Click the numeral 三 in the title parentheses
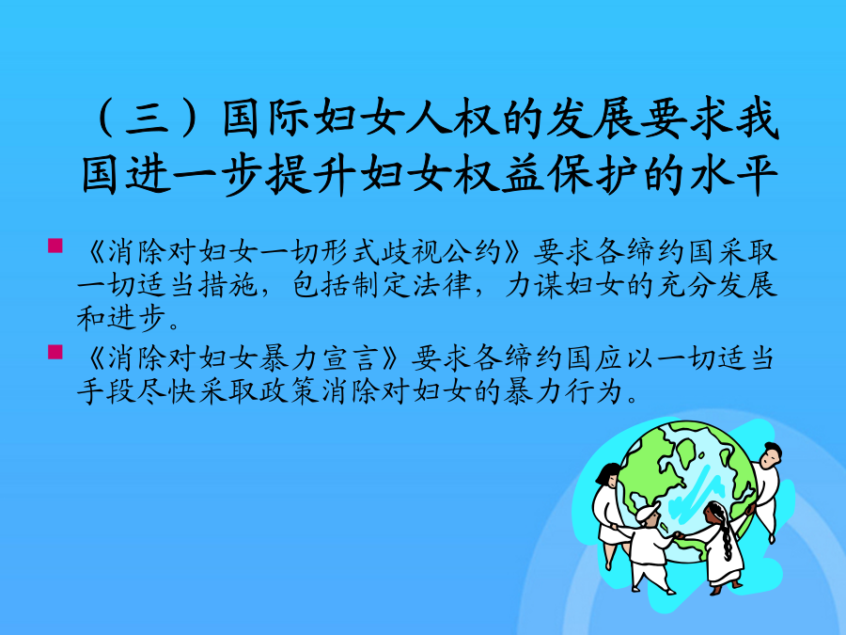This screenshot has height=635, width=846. tap(148, 119)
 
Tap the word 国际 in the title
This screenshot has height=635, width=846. tap(266, 118)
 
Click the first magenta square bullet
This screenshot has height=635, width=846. tap(55, 246)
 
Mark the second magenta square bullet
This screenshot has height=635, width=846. tap(55, 352)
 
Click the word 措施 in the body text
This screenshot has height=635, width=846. tap(227, 285)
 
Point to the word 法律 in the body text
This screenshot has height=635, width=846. tap(442, 285)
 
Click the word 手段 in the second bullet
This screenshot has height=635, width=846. tap(106, 391)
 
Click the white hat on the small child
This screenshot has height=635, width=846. tap(648, 510)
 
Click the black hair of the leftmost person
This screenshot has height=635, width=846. tap(607, 472)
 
